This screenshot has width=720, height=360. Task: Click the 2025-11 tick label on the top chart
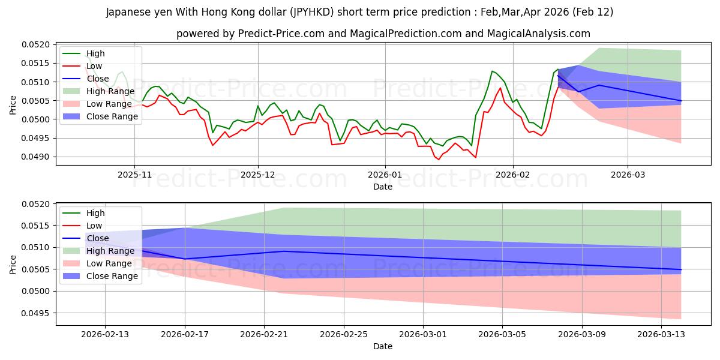tap(134, 174)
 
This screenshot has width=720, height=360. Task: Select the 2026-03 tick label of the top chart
tap(628, 174)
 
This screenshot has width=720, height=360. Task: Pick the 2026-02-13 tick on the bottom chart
tap(105, 334)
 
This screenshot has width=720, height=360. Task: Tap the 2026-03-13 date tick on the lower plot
tap(661, 334)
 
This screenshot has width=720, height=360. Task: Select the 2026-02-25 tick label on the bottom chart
tap(343, 334)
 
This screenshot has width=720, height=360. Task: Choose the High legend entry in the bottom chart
tap(95, 213)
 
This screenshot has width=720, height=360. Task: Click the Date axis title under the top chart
tap(383, 187)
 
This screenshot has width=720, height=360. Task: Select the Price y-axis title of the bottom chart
tap(13, 263)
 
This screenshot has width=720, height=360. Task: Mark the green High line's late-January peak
tap(492, 71)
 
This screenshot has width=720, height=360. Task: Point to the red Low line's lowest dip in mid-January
tap(439, 160)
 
